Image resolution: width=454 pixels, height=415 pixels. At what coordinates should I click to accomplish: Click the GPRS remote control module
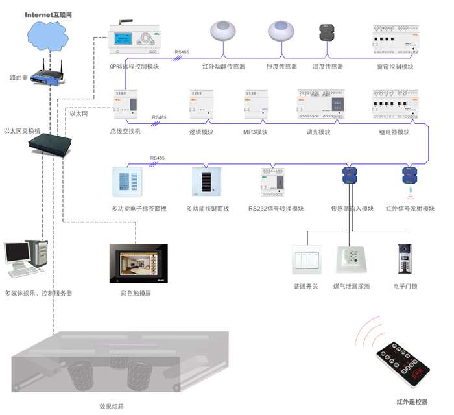pos(134,41)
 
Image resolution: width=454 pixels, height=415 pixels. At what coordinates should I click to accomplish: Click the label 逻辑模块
pos(201,132)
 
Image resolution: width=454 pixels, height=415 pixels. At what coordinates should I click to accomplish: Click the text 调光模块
pos(318,132)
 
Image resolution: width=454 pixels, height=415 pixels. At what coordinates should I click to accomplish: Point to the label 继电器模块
pos(394,132)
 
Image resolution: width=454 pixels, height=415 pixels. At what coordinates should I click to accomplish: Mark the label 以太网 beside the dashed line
pos(78,114)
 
